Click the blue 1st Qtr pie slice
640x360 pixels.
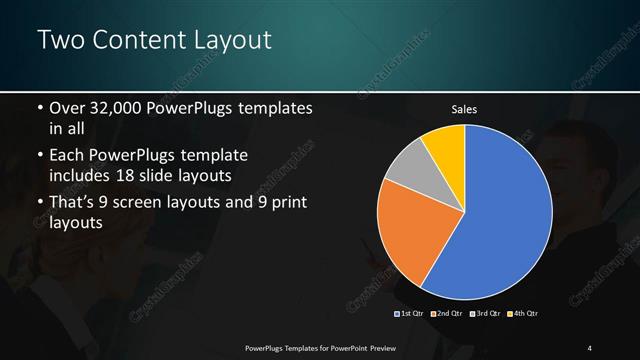click(x=505, y=215)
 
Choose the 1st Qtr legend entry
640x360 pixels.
click(x=410, y=313)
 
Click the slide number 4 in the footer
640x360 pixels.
click(x=590, y=347)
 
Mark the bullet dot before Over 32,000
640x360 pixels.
click(x=39, y=108)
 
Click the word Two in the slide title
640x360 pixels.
click(x=58, y=41)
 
